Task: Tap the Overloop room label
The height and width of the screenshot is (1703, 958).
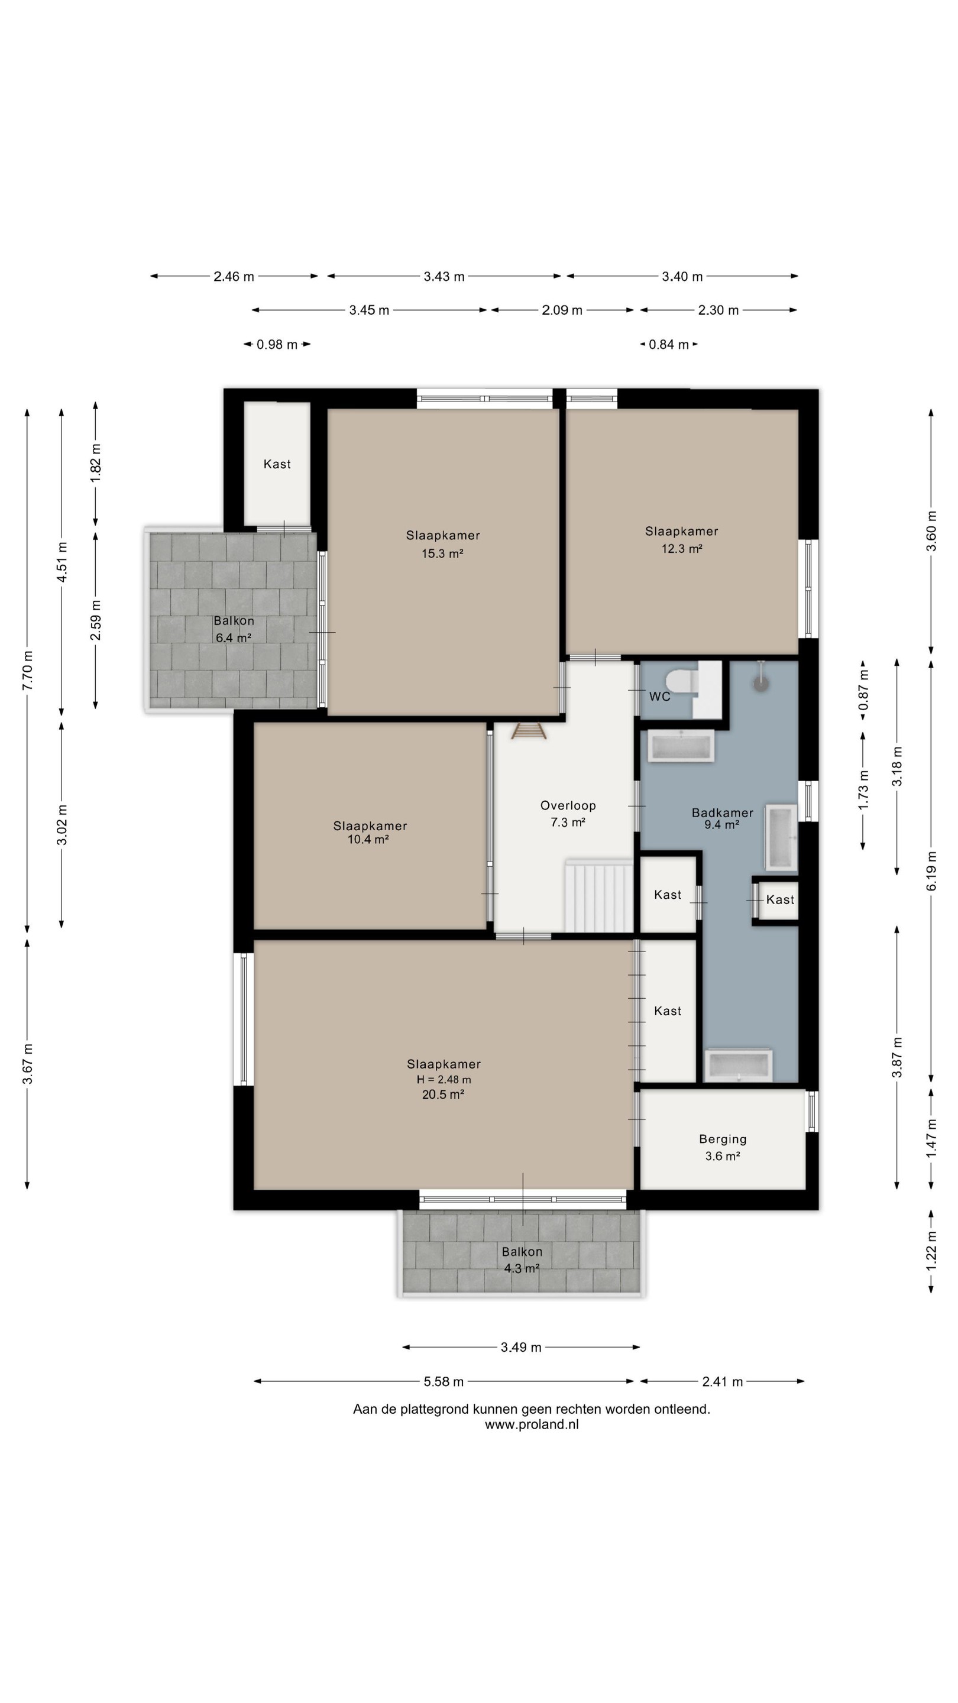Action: point(568,805)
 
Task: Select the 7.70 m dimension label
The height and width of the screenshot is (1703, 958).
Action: point(28,671)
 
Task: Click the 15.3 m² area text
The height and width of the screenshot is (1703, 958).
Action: point(442,553)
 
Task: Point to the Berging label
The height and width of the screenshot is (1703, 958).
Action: point(723,1139)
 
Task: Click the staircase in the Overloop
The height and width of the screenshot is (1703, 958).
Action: point(599,896)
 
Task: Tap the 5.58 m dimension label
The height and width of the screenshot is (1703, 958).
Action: point(444,1382)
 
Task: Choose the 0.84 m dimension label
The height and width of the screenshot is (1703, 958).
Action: point(668,344)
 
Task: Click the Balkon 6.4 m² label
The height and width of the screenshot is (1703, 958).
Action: point(234,629)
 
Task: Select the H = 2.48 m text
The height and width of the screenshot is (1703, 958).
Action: point(444,1080)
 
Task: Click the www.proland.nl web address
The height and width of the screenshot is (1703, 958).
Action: point(532,1424)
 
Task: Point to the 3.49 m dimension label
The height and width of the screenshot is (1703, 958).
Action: point(521,1348)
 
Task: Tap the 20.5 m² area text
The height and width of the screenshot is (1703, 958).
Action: point(443,1094)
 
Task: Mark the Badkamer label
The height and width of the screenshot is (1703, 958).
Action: point(723,812)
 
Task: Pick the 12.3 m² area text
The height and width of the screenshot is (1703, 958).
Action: point(682,548)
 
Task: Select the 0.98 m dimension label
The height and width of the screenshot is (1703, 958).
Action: point(277,344)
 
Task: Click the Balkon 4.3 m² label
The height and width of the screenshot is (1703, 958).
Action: point(522,1260)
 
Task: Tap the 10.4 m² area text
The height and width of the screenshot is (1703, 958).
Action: point(368,840)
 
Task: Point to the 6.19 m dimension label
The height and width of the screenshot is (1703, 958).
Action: point(932,870)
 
